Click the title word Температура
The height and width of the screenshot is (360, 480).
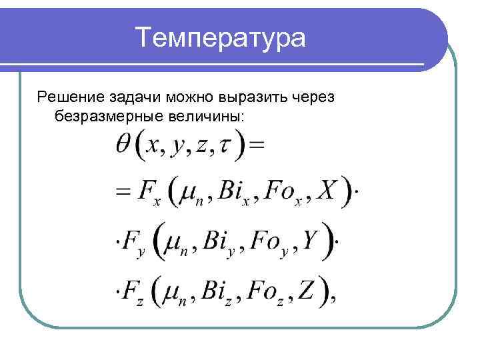click(221, 37)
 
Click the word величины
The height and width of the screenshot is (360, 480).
click(210, 117)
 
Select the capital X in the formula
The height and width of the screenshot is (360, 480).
click(327, 191)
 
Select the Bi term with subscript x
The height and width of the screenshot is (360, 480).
click(235, 193)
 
